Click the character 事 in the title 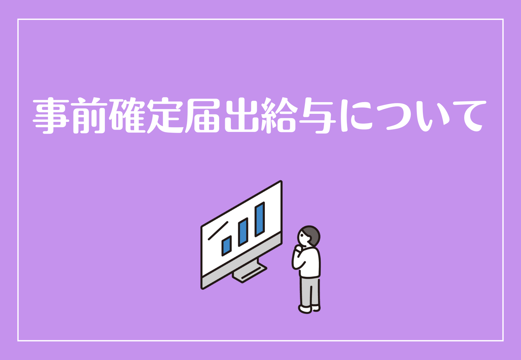(51, 116)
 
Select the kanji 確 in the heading (127, 116)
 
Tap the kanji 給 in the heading (279, 116)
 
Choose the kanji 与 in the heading (317, 116)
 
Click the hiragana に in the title (356, 116)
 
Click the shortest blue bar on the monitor (227, 246)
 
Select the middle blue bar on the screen (243, 232)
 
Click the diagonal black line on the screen (218, 231)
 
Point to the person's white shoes (309, 309)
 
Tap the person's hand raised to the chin (298, 249)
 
